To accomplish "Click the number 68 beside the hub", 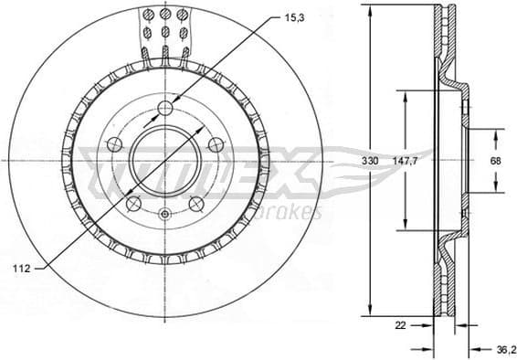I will tap(496, 161).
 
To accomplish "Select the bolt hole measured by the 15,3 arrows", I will tap(165, 109).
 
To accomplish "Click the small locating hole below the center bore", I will tap(164, 215).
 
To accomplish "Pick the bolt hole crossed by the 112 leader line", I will tap(133, 203).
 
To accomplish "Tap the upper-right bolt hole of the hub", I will tap(216, 144).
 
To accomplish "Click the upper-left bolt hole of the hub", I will tap(114, 144).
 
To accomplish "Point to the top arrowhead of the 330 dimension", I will tap(370, 9).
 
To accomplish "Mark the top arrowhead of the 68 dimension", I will tap(496, 132).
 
